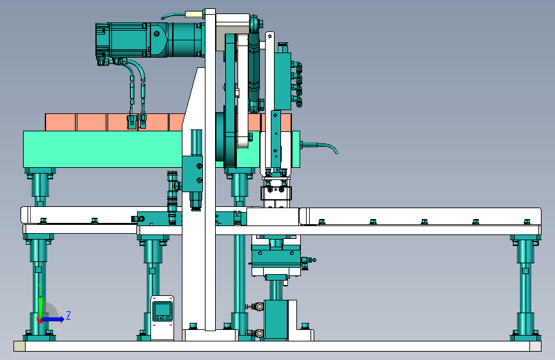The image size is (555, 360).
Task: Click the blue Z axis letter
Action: point(68,315)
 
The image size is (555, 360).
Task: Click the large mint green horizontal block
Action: point(102,149)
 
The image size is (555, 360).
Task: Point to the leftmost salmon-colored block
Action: point(60,122)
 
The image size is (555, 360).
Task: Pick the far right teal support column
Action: point(526,287)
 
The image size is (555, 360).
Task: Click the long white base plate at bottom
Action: point(278,346)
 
